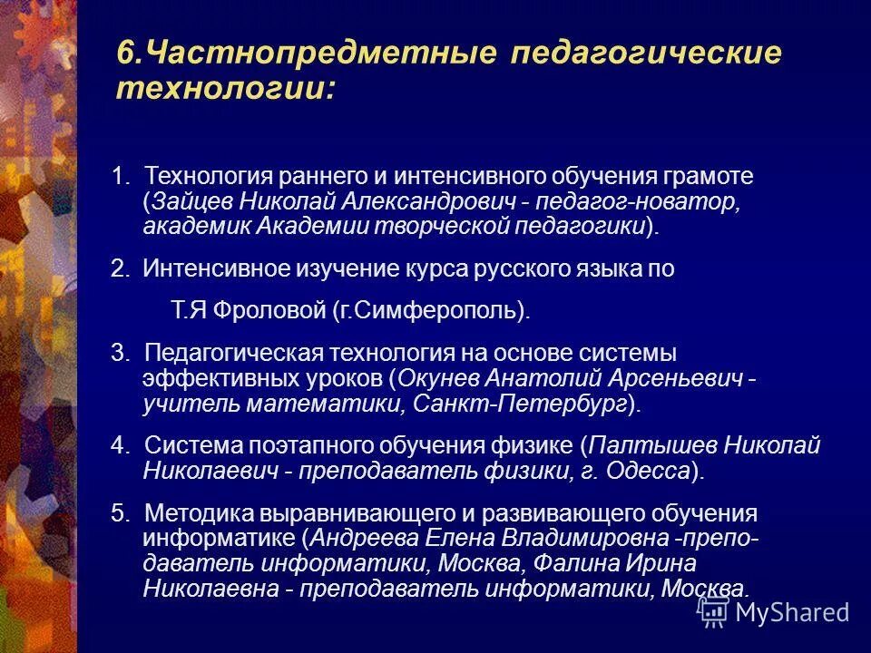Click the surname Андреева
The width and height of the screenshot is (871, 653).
(x=357, y=538)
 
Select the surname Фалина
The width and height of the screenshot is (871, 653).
(x=577, y=562)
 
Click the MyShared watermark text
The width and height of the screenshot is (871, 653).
(x=792, y=612)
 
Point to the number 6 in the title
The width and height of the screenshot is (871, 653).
(x=125, y=53)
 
